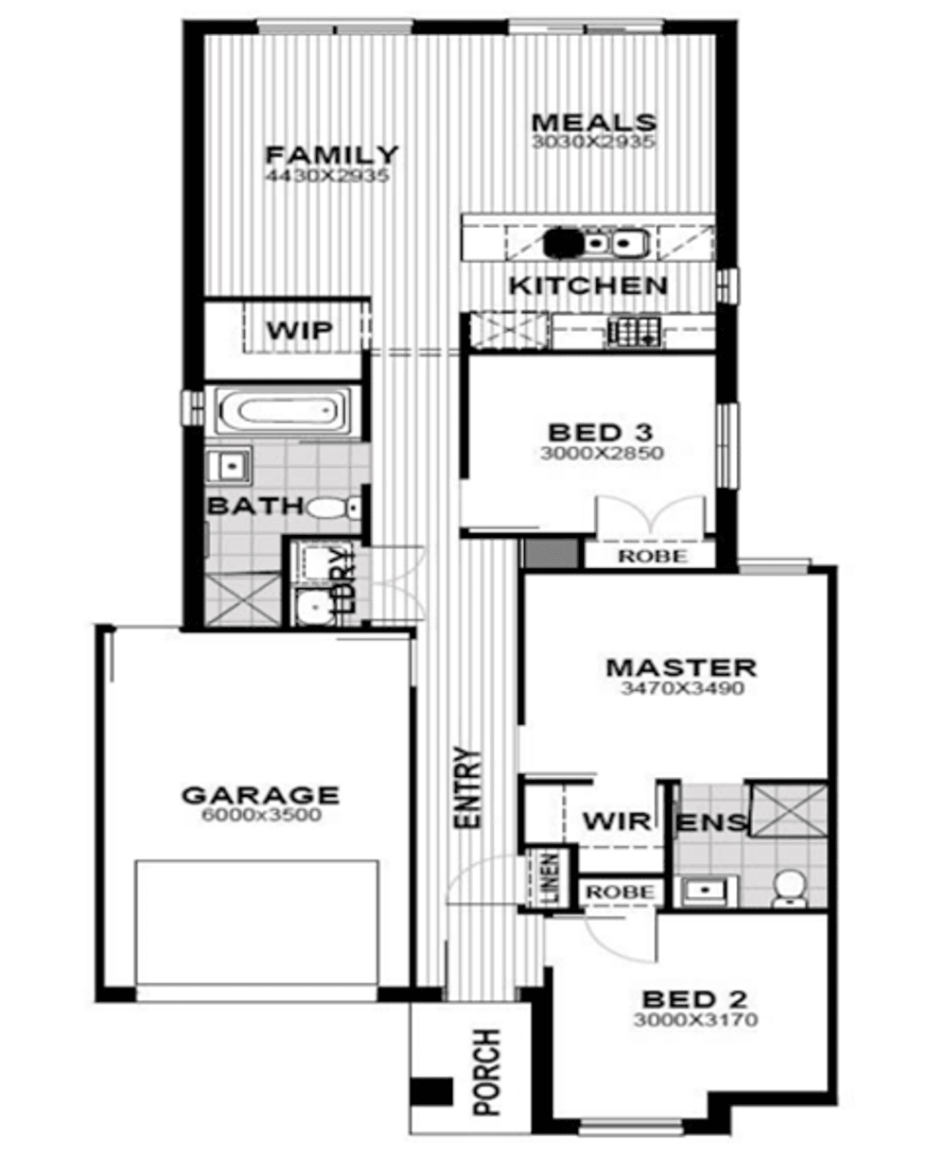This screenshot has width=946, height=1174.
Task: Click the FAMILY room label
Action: coord(331,154)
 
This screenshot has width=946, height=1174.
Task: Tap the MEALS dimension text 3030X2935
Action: coord(593,143)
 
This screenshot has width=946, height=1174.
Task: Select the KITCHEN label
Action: coord(587,285)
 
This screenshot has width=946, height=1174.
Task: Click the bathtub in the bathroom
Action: coord(283,412)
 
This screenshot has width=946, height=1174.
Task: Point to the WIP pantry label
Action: coord(299,331)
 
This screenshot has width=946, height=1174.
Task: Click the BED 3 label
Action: coord(600,433)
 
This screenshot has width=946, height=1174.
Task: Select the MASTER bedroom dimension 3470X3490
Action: coord(681,688)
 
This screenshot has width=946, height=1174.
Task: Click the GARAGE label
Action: coord(260,795)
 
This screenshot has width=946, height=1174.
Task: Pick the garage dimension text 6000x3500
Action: coord(261,815)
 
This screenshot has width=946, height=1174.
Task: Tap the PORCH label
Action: coord(486,1072)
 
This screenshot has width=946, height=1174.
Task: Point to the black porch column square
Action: coord(430,1091)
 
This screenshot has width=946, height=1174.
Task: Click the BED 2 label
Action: coord(694,999)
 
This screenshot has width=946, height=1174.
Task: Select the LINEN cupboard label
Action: coord(551,875)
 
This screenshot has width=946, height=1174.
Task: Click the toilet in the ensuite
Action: coord(788,889)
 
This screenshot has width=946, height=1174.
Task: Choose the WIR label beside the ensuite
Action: coord(617,820)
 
